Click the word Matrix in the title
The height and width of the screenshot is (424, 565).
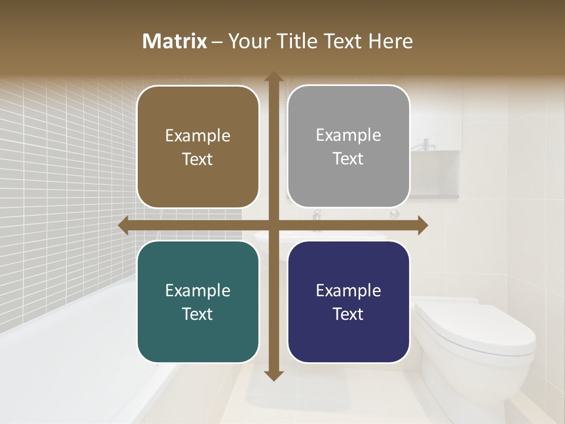click(175, 41)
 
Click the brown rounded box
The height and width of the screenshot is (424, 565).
click(198, 147)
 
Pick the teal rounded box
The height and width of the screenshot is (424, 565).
click(198, 302)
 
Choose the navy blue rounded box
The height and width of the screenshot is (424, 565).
click(348, 302)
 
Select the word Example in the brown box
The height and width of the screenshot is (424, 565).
click(198, 136)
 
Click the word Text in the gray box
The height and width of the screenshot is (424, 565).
click(348, 159)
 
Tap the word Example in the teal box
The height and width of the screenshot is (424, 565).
click(198, 291)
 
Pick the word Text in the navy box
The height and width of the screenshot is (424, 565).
click(348, 314)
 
